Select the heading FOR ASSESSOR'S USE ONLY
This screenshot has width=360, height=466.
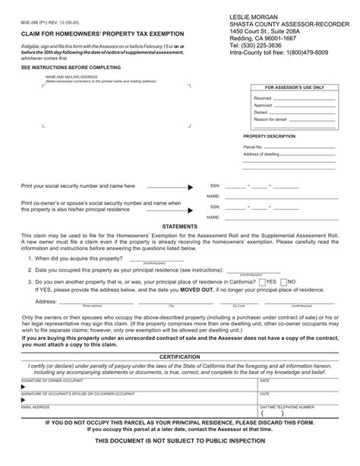pos(295,88)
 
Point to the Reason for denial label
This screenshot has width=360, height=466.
pos(272,119)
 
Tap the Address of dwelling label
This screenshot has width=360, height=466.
pos(263,154)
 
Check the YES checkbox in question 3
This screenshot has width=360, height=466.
pos(262,281)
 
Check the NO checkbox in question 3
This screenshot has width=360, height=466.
pos(283,281)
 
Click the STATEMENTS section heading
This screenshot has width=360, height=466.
pos(180,226)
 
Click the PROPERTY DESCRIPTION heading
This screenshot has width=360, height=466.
pos(269,135)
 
